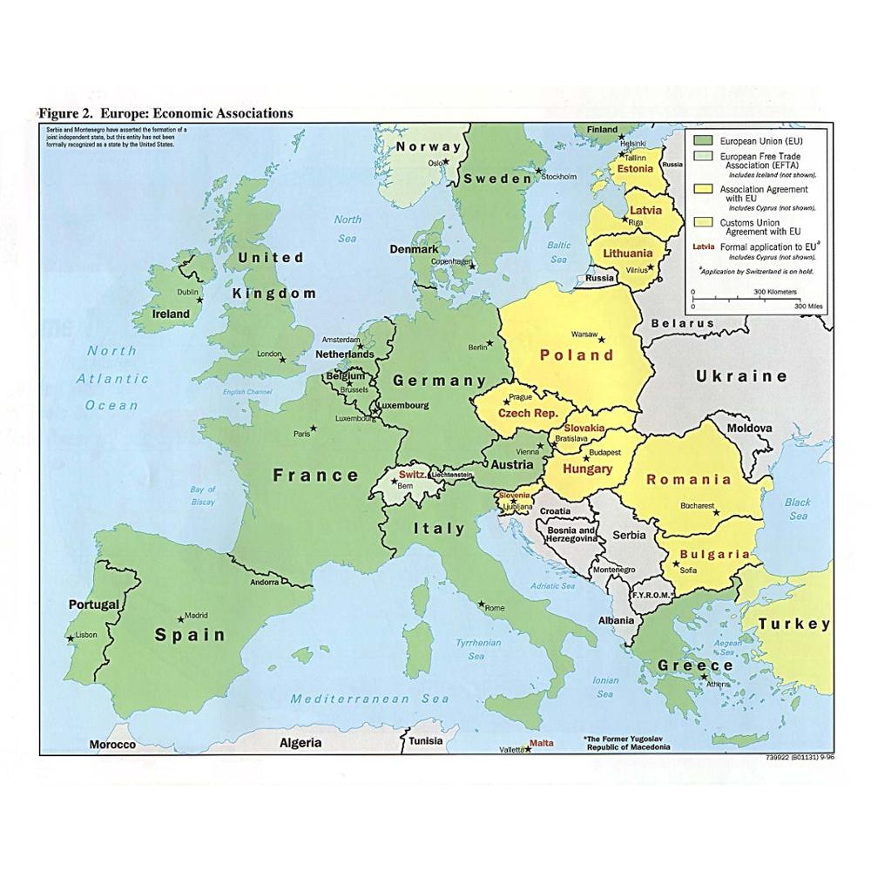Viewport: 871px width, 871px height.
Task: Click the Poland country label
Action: pyautogui.click(x=577, y=355)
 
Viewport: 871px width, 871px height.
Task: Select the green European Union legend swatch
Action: pyautogui.click(x=703, y=139)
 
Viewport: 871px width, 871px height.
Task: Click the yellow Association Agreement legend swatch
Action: pyautogui.click(x=703, y=190)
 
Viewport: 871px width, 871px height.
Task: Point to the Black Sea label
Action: pyautogui.click(x=798, y=509)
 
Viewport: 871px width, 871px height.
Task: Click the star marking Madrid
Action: pyautogui.click(x=181, y=618)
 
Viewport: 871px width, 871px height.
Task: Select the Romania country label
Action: pyautogui.click(x=688, y=479)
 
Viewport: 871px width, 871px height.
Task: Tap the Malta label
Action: pyautogui.click(x=541, y=743)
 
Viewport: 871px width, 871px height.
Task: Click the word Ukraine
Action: pyautogui.click(x=741, y=376)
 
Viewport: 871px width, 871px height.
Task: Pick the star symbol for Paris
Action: pyautogui.click(x=314, y=428)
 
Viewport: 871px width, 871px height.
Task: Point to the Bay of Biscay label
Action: pyautogui.click(x=203, y=496)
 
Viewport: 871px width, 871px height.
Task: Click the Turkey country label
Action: pyautogui.click(x=793, y=624)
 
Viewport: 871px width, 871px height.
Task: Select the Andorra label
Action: pyautogui.click(x=264, y=582)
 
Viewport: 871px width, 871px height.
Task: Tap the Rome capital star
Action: pyautogui.click(x=481, y=603)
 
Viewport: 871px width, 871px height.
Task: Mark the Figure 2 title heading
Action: pyautogui.click(x=165, y=113)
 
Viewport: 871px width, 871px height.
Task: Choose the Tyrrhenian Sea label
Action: pyautogui.click(x=478, y=649)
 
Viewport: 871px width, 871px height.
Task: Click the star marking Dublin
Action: pyautogui.click(x=200, y=300)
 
